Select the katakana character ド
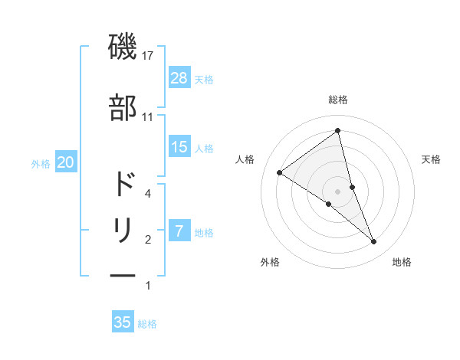click(123, 185)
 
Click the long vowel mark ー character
click(123, 274)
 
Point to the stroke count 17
click(149, 57)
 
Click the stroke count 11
click(148, 117)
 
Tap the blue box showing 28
click(179, 78)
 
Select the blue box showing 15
click(179, 147)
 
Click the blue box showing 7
click(179, 231)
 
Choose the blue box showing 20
click(65, 162)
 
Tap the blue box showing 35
click(123, 322)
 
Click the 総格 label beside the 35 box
click(148, 324)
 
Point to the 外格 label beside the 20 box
click(41, 163)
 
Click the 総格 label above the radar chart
click(338, 100)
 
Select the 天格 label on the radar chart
click(432, 159)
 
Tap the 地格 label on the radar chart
click(402, 262)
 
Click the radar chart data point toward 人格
click(280, 173)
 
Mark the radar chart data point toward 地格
click(374, 242)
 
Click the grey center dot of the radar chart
click(337, 190)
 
